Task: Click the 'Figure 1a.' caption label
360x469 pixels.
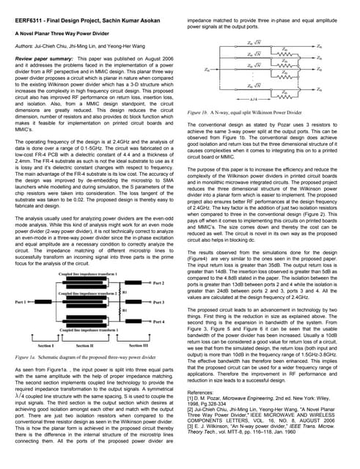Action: click(29, 355)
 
